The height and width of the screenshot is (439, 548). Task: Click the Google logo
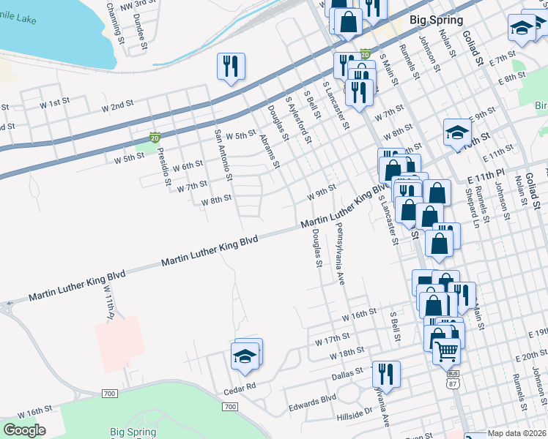click(x=23, y=430)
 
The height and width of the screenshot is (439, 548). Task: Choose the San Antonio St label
click(x=223, y=154)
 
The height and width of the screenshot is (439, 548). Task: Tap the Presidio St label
click(x=165, y=167)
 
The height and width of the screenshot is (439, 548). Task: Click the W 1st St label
click(x=55, y=104)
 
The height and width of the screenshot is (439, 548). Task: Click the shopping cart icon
click(x=445, y=351)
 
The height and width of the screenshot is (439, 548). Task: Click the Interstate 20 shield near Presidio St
click(x=155, y=137)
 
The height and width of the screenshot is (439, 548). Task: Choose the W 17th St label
click(x=333, y=339)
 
